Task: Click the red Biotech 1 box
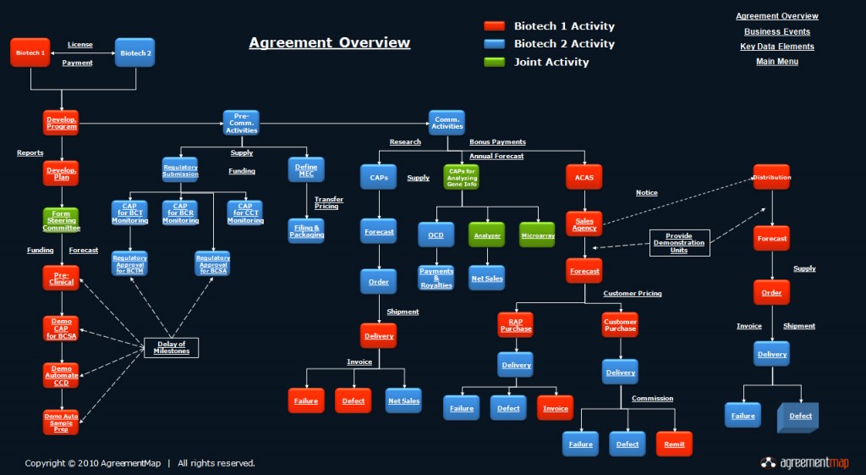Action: coord(31,52)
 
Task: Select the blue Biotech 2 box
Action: coord(134,52)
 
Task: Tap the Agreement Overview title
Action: coord(329,43)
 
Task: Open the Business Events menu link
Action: coord(776,31)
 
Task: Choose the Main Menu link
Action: coord(776,62)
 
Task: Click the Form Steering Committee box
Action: coord(61,220)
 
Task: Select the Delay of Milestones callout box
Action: coord(173,347)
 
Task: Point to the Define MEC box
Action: coord(306,169)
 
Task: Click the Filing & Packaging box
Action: coord(306,230)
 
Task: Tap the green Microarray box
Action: coord(537,235)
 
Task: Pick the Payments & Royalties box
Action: coord(436,278)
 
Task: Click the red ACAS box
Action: coord(584,177)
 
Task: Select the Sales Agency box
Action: coord(584,224)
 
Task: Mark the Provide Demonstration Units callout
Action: coord(679,243)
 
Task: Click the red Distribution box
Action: coord(771,177)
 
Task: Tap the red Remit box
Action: coord(674,444)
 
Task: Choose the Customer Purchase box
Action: coord(620,324)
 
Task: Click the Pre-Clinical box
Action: coord(61,278)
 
